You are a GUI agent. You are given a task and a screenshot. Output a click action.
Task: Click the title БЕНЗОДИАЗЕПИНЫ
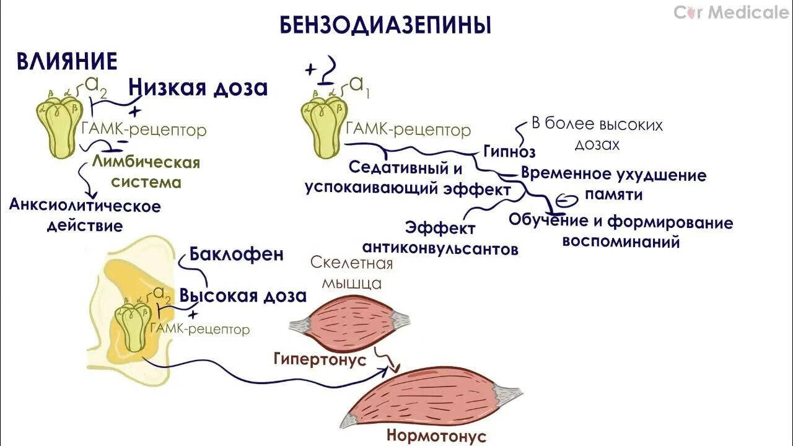[x=385, y=25]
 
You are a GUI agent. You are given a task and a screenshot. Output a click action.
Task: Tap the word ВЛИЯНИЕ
[x=67, y=61]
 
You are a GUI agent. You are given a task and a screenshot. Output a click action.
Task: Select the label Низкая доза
[x=198, y=88]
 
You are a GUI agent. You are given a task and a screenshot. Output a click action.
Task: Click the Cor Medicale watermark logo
[x=732, y=12]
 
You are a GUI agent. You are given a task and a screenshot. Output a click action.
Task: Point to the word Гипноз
[x=509, y=151]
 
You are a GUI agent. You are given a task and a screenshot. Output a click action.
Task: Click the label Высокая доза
[x=243, y=295]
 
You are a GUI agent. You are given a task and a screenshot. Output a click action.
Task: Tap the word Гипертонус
[x=319, y=359]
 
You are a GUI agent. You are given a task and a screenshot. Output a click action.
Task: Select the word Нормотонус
[x=436, y=435]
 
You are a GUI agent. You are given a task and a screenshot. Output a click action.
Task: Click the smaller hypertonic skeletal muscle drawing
[x=349, y=326]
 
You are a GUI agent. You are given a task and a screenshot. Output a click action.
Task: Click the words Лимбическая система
[x=146, y=172]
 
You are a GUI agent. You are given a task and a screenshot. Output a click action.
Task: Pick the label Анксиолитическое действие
[x=85, y=215]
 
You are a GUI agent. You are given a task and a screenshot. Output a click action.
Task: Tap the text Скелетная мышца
[x=351, y=273]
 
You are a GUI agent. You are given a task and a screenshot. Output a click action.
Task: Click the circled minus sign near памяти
[x=565, y=199]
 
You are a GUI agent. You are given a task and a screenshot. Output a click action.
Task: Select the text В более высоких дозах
[x=597, y=134]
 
